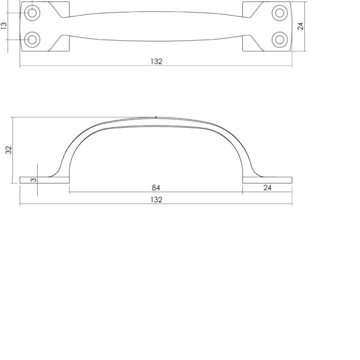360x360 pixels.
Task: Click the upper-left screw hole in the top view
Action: point(32,13)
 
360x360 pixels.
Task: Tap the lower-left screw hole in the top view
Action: point(32,40)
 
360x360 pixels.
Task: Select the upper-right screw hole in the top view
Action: point(280,13)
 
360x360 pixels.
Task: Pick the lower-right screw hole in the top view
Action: point(280,40)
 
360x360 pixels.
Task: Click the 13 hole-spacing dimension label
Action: point(4,26)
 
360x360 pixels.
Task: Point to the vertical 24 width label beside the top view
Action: point(301,26)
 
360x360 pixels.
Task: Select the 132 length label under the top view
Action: point(157,62)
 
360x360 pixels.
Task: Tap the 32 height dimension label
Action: point(8,150)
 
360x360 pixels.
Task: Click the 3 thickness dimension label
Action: point(34,180)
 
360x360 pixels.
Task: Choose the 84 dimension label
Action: point(156,188)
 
